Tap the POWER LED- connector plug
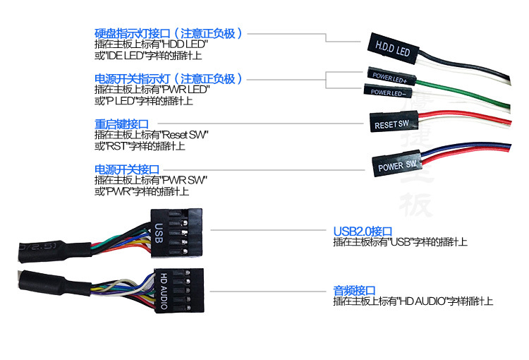387,92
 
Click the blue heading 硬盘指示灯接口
169,33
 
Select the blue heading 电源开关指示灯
169,78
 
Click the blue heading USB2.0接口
362,231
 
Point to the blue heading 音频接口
354,290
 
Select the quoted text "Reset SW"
185,135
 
